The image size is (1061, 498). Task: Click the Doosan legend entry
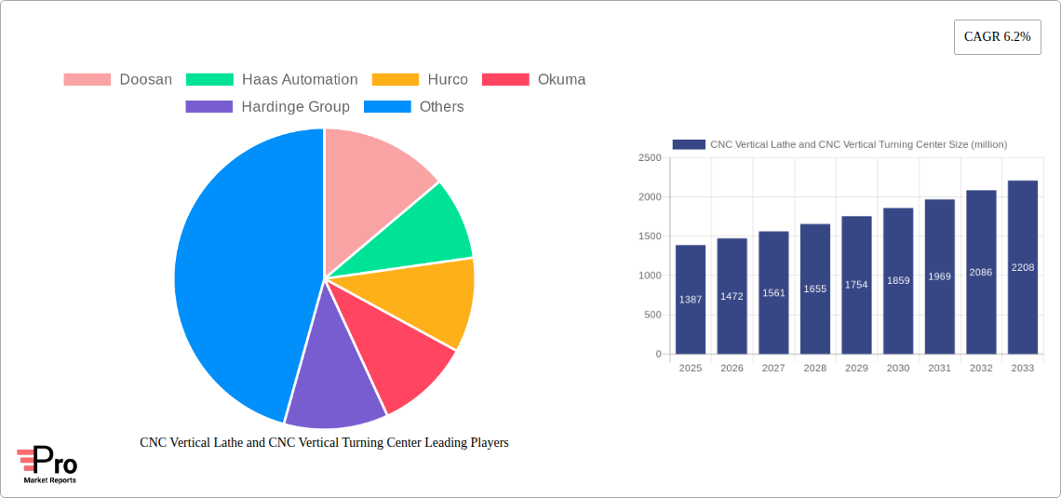point(118,80)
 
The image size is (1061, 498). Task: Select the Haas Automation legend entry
point(272,80)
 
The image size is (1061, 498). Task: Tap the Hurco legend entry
point(420,80)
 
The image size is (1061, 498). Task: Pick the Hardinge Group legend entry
point(268,107)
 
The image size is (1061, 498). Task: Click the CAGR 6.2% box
point(997,37)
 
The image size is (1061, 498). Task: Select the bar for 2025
point(691,299)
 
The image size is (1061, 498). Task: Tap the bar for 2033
point(1023,267)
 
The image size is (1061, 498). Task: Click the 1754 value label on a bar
point(856,285)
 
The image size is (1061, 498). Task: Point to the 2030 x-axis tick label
point(898,369)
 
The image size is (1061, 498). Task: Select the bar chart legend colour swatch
point(689,144)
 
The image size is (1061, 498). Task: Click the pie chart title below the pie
point(324,443)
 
